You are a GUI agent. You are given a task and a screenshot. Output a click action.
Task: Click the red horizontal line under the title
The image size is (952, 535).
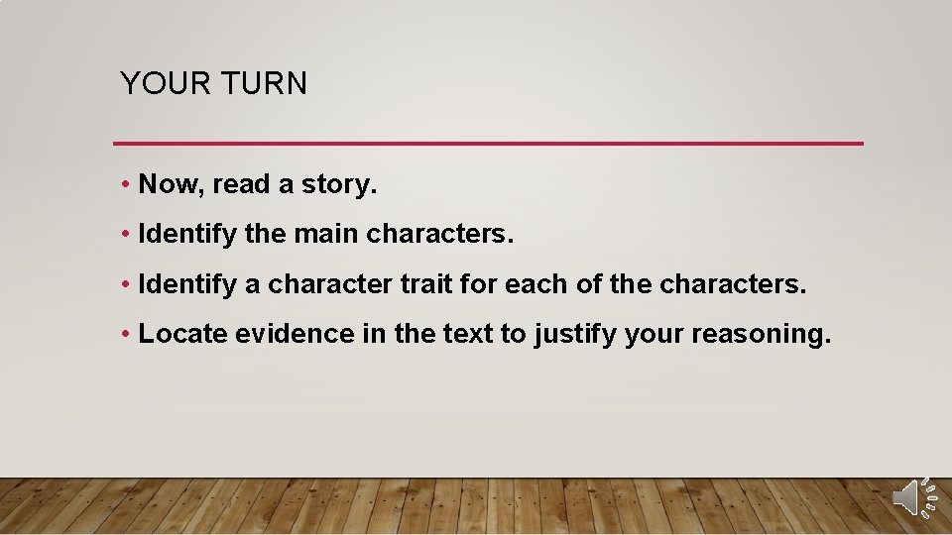(x=488, y=144)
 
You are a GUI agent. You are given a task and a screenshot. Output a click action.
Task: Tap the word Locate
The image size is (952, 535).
(x=182, y=334)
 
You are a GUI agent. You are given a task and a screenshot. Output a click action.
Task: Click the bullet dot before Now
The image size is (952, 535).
(x=126, y=185)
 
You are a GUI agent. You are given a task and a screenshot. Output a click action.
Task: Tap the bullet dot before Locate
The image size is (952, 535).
(x=126, y=335)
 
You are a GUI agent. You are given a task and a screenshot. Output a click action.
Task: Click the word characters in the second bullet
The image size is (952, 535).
(x=439, y=235)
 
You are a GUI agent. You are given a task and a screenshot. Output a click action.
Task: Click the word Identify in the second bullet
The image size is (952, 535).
(x=187, y=235)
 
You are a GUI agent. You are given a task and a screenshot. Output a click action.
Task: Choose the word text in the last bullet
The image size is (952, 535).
(x=464, y=334)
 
